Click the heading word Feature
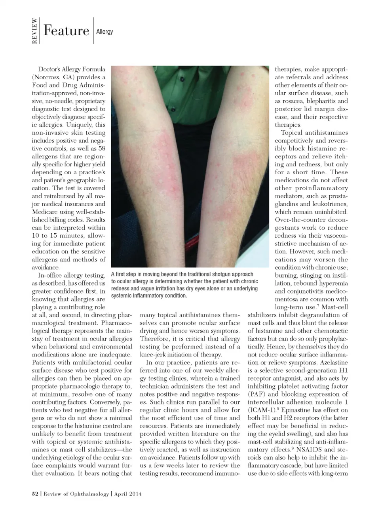tap(66, 31)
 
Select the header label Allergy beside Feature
tap(104, 32)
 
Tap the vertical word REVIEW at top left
tap(35, 31)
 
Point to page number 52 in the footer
tap(35, 494)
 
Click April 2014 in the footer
tap(128, 494)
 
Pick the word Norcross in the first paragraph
tap(47, 77)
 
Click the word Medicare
tap(45, 212)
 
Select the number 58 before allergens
tap(101, 149)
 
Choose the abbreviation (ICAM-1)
tap(261, 410)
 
